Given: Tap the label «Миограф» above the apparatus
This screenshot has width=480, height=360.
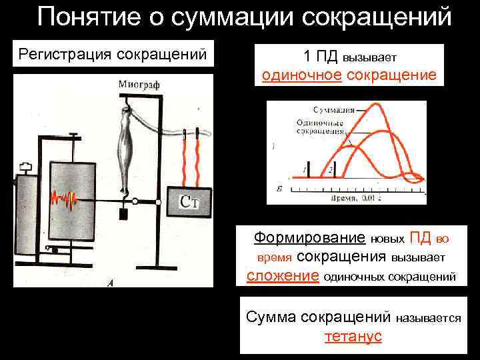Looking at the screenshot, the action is point(139,85).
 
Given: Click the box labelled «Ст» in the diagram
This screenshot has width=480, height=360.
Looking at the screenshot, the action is point(191,201).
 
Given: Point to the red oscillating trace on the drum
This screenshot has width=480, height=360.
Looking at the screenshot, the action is point(65,198).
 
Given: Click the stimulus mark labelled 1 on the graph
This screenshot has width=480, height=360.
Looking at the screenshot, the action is point(305,171).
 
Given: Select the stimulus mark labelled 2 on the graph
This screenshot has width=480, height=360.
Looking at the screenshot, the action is point(331,171).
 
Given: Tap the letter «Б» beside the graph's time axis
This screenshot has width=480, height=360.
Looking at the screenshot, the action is point(278,191).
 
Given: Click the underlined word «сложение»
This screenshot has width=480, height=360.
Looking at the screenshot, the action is point(282,276).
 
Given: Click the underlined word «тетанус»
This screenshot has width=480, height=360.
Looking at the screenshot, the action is point(353,336).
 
